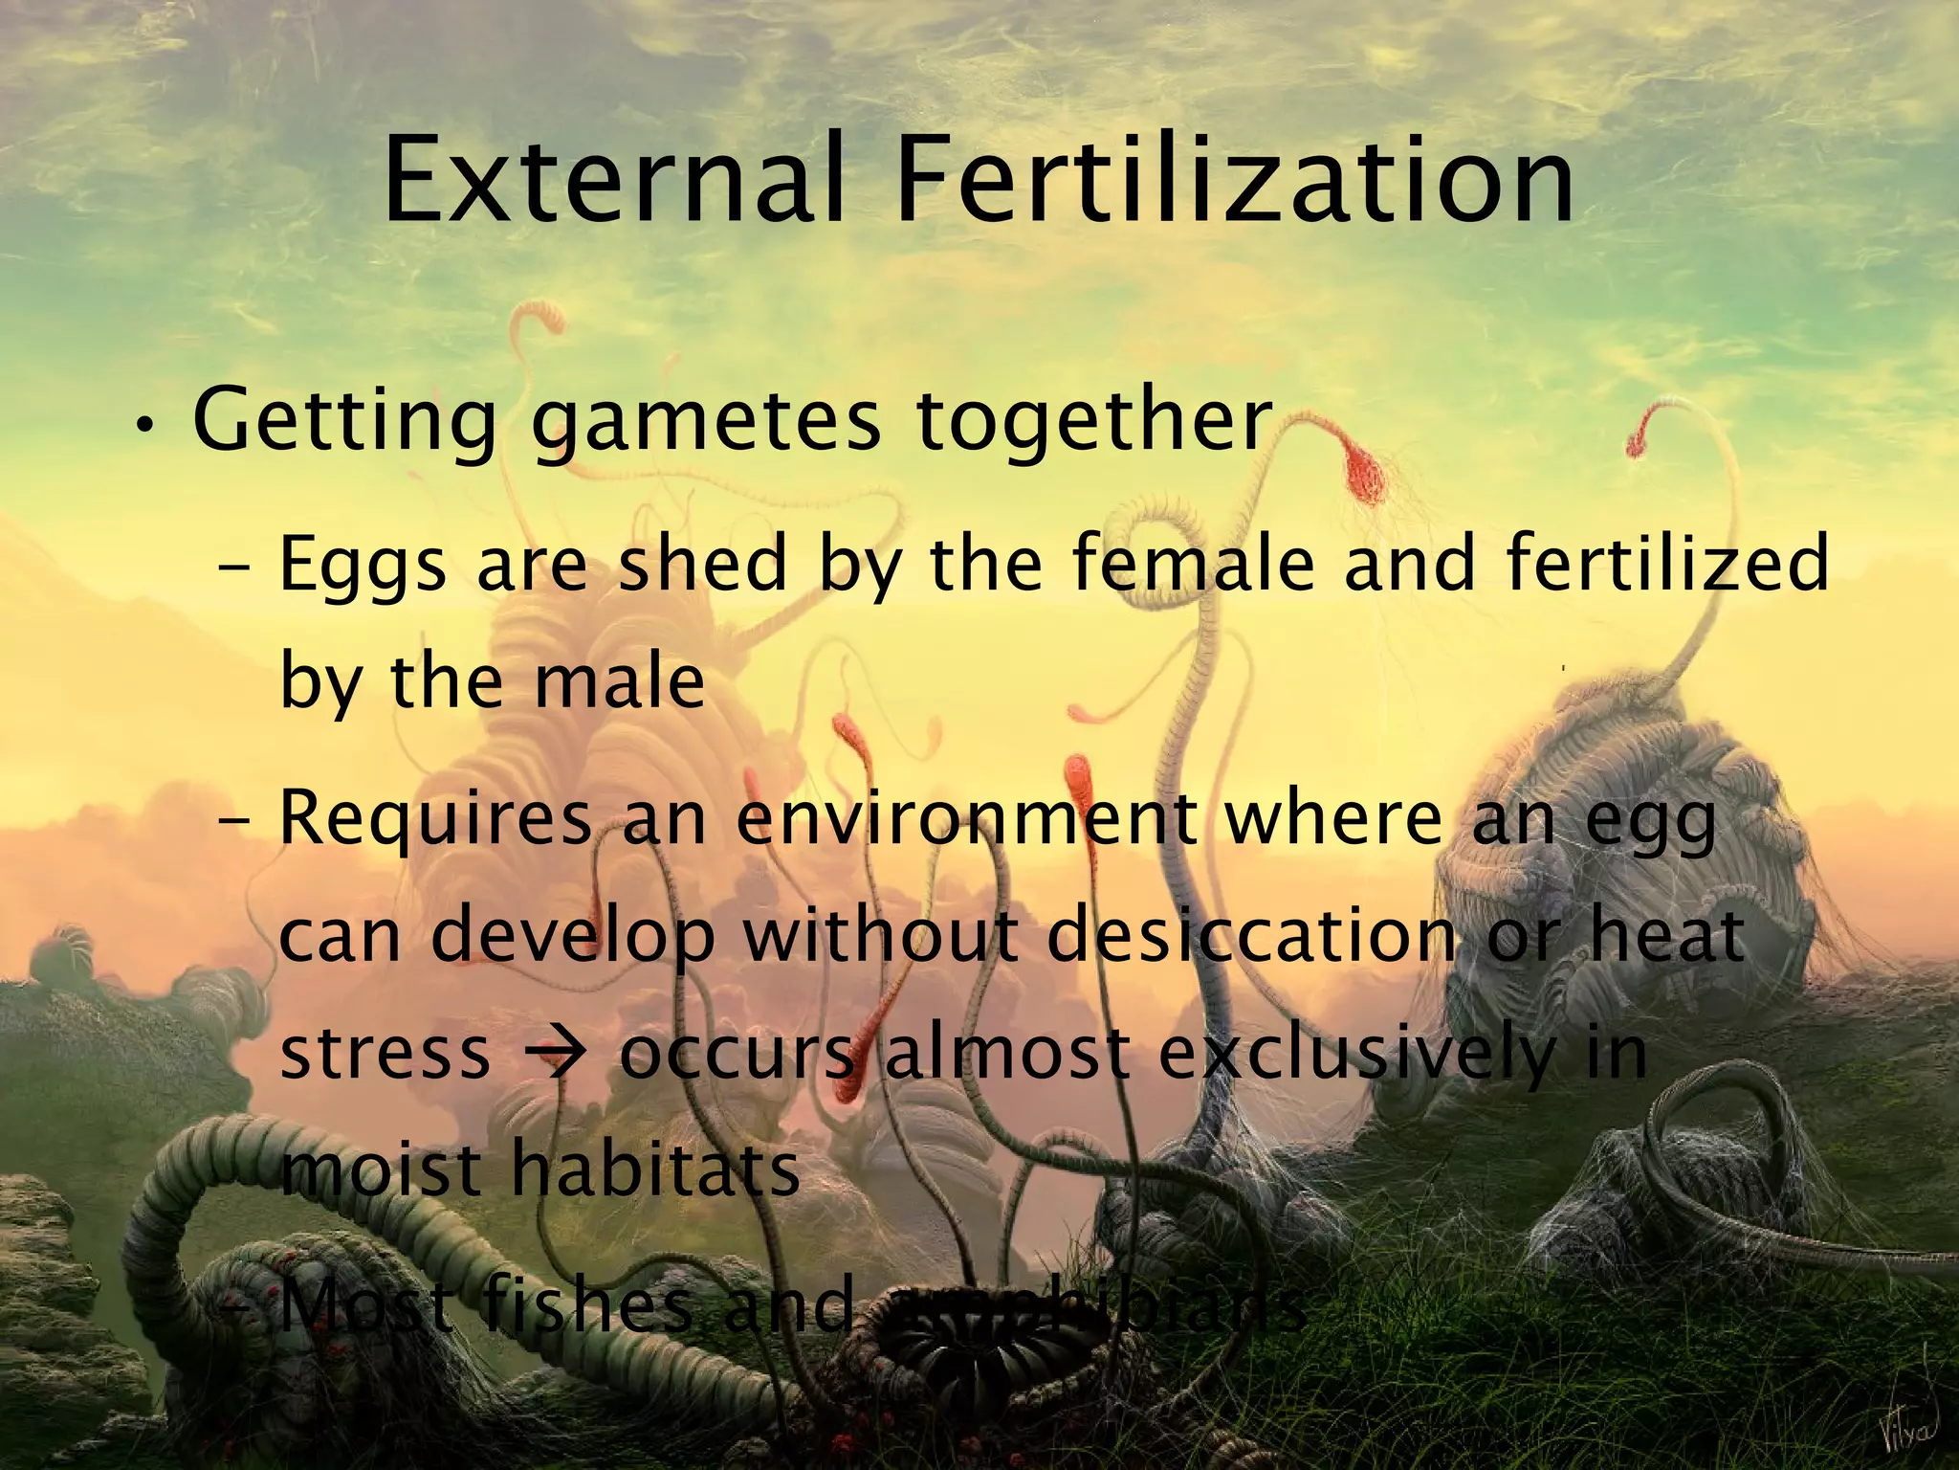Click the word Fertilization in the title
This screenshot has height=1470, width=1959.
coord(1234,182)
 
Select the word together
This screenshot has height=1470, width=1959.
coord(1094,421)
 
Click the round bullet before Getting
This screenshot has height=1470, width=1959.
coord(143,426)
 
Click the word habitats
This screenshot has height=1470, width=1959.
coord(656,1169)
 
